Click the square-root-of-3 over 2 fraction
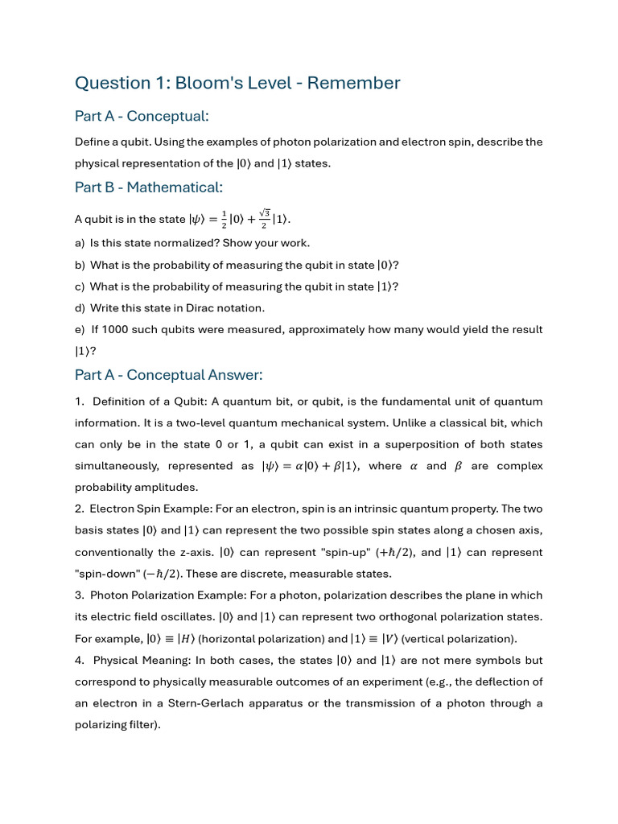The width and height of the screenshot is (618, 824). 263,219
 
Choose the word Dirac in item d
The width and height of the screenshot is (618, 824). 187,308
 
